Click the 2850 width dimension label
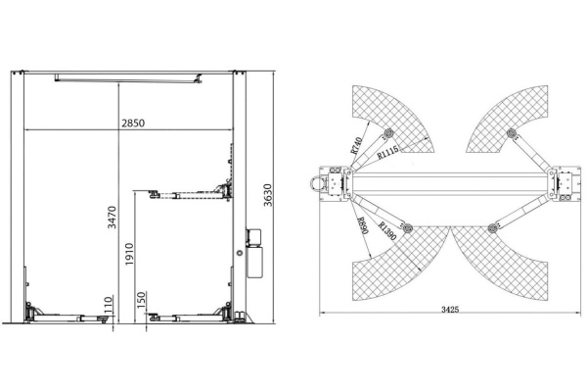pos(133,122)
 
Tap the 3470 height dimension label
pos(112,218)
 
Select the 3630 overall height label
pos(268,195)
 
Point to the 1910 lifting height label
pos(129,254)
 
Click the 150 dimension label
pos(141,300)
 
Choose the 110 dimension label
pos(109,304)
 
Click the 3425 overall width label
pos(450,310)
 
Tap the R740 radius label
pos(357,145)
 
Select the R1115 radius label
pos(387,152)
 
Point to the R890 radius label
pos(362,225)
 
